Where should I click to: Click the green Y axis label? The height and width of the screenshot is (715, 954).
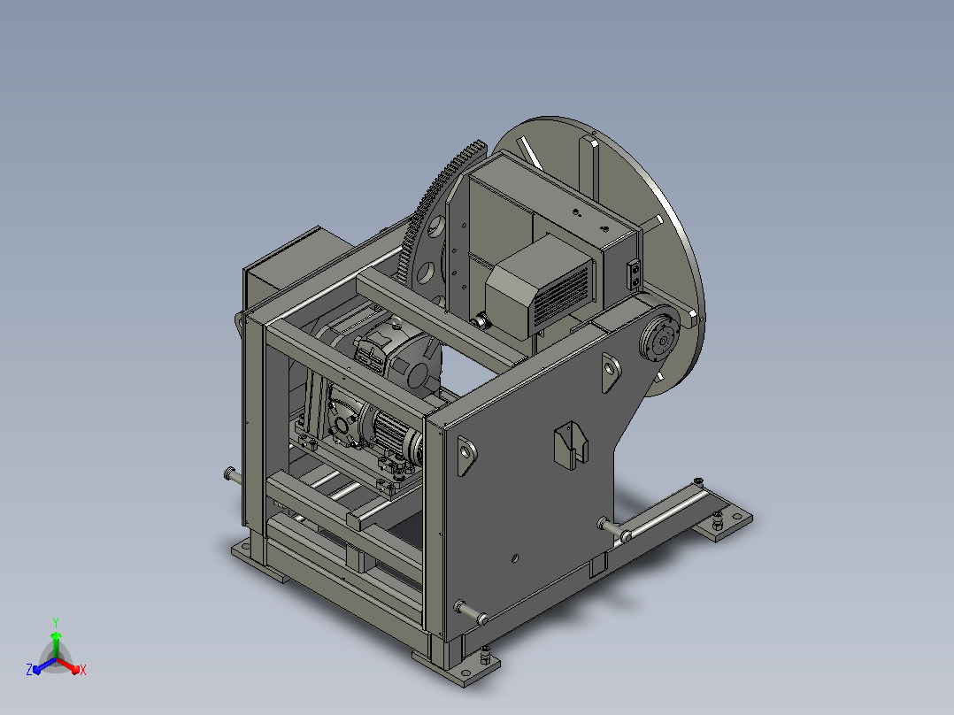click(56, 622)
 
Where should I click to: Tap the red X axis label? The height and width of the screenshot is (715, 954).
click(83, 670)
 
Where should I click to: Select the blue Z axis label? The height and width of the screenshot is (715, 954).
click(29, 669)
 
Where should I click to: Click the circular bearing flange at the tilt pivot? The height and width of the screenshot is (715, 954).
click(660, 338)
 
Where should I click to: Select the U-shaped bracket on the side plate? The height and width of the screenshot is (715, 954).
click(571, 445)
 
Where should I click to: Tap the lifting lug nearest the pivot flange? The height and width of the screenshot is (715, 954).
click(611, 372)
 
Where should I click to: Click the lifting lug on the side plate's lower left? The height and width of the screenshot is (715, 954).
click(466, 455)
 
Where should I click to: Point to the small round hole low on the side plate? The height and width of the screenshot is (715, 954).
click(515, 558)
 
